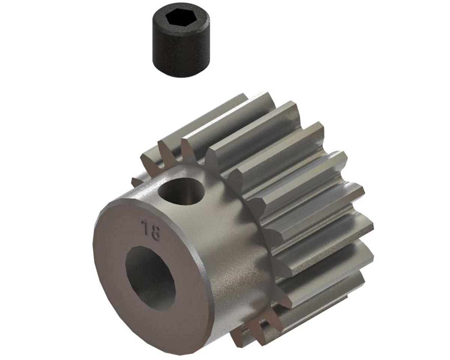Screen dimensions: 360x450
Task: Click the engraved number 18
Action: point(150,230)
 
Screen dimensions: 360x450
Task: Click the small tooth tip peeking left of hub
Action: point(136,182)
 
